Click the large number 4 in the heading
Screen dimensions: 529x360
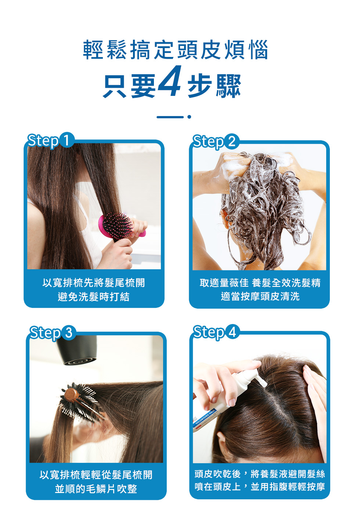pos(170,81)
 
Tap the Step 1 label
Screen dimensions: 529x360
pos(49,141)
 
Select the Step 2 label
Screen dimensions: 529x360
pos(215,142)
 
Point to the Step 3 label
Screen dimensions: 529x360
pos(51,333)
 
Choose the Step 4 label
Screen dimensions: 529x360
pos(215,332)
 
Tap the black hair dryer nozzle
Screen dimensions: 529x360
pos(79,353)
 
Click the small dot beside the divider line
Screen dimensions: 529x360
pos(189,117)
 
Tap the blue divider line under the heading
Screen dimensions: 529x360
pos(170,117)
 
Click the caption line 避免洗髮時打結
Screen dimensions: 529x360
pos(94,296)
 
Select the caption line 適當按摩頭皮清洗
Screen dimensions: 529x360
pos(260,296)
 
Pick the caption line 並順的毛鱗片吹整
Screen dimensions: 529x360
pos(96,489)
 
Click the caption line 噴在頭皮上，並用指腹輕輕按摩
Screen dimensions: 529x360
pos(260,487)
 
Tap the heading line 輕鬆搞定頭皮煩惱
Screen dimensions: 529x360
pos(176,50)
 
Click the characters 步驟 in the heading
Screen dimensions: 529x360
pos(214,86)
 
